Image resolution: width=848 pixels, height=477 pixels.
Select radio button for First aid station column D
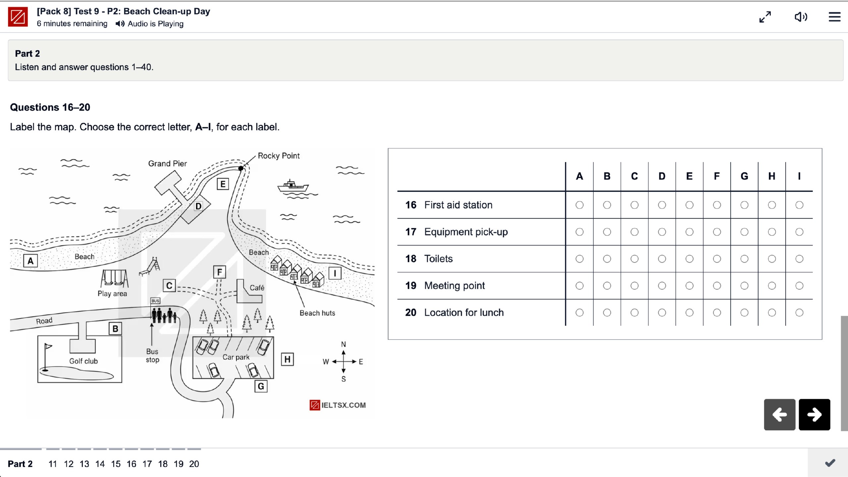(x=662, y=205)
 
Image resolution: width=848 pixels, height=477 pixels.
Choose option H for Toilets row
(x=772, y=259)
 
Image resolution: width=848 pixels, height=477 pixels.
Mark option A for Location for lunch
(x=579, y=312)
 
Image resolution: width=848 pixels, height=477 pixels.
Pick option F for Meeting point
(x=717, y=286)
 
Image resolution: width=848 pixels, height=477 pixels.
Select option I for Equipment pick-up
(x=799, y=232)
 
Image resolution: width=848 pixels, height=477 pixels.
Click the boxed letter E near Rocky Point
(x=223, y=184)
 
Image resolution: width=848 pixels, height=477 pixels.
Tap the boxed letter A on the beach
(x=30, y=261)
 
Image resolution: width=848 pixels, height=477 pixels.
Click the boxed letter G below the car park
(x=261, y=386)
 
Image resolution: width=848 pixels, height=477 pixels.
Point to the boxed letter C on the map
(x=169, y=286)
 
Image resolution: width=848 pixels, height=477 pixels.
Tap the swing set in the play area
(x=114, y=278)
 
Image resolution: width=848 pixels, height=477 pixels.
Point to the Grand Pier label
(x=167, y=163)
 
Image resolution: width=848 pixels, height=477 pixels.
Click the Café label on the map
(x=257, y=288)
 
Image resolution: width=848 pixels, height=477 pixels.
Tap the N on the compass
(x=344, y=344)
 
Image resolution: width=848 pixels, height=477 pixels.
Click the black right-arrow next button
(x=814, y=414)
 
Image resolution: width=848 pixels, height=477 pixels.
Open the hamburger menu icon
(x=834, y=17)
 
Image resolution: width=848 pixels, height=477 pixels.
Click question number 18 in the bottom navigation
(x=163, y=464)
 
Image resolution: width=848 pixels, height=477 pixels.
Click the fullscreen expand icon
(x=765, y=17)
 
